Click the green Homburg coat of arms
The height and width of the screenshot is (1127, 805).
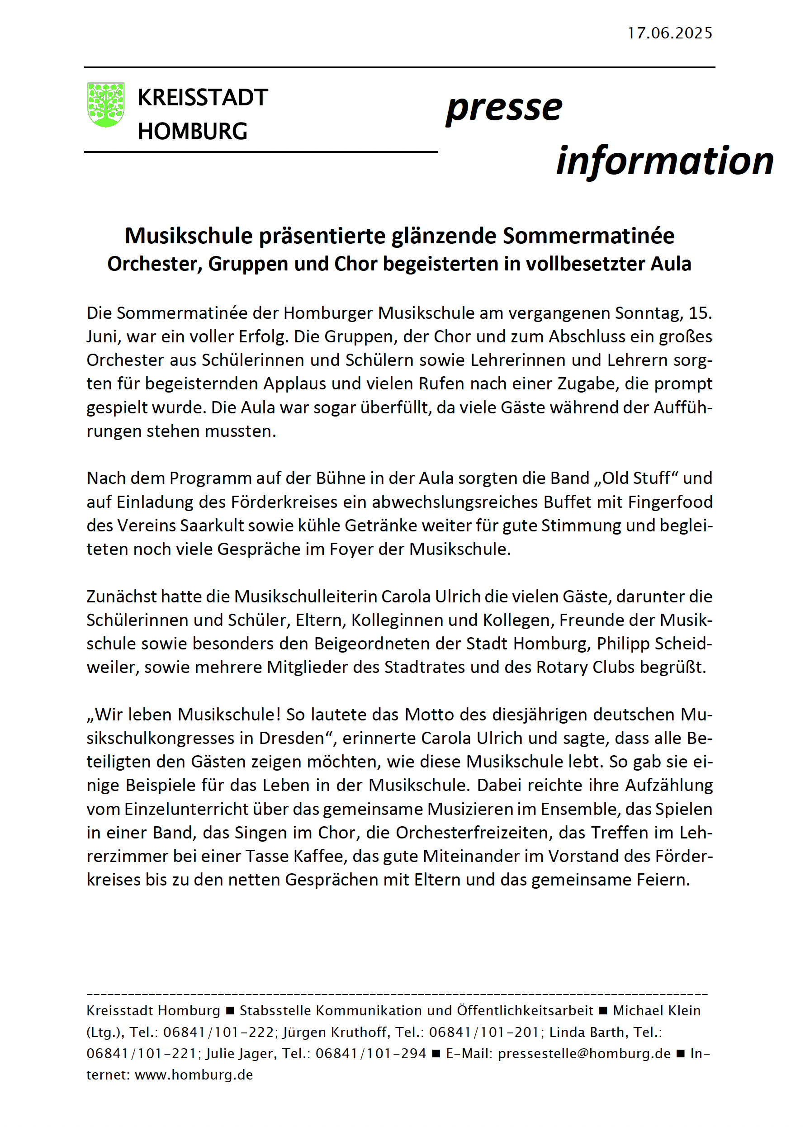[x=105, y=104]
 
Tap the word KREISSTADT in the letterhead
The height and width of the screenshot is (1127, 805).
[x=203, y=98]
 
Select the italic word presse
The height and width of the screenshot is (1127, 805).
[x=504, y=109]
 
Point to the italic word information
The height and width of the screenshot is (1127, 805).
[x=664, y=161]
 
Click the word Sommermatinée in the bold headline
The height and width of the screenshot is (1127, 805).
[x=588, y=236]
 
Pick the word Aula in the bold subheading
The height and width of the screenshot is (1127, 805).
[x=671, y=264]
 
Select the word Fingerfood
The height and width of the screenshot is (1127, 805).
[x=670, y=502]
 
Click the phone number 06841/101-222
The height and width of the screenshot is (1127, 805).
[x=218, y=1032]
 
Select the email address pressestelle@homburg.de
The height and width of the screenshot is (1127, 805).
[x=584, y=1054]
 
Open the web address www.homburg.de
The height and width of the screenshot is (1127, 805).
[x=194, y=1075]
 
